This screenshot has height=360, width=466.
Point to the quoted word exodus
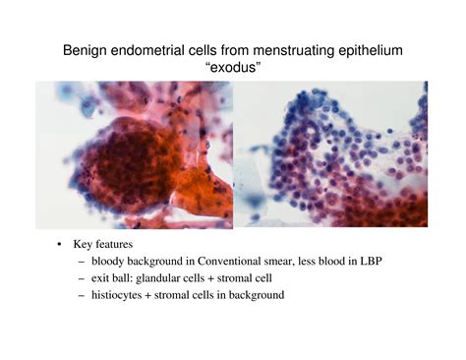click(x=233, y=67)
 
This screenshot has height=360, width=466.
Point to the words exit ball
click(x=112, y=278)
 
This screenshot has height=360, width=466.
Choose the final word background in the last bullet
click(x=258, y=294)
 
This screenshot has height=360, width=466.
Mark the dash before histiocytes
click(x=79, y=294)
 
